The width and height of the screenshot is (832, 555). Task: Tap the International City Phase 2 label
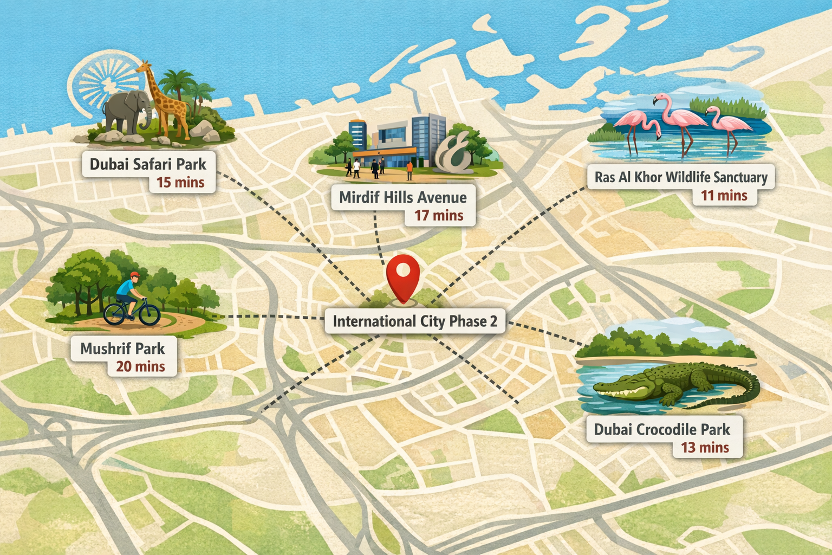point(414,321)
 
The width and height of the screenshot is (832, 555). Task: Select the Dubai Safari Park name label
point(148,164)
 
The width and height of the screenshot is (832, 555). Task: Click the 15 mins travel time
point(180,183)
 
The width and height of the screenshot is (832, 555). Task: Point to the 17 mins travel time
point(439,216)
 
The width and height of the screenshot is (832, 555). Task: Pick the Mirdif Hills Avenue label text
point(402,197)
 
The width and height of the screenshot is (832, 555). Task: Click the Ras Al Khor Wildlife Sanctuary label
point(681,177)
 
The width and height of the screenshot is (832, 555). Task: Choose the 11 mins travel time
point(724,196)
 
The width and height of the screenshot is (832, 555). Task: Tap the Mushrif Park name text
point(122,349)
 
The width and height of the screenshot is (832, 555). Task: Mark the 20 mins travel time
point(140,367)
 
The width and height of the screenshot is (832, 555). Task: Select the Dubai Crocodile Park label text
point(662,430)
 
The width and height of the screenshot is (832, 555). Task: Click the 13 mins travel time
point(705,448)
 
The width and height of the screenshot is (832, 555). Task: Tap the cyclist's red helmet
point(135,275)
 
